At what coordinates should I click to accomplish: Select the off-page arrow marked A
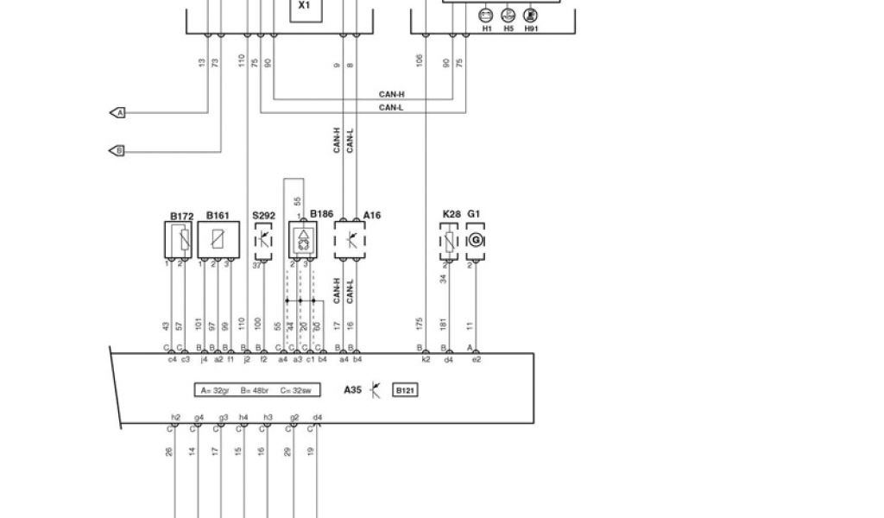pos(118,113)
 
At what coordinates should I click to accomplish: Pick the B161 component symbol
pos(217,239)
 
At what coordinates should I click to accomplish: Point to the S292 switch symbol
pos(262,239)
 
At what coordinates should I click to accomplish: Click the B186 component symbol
pos(302,239)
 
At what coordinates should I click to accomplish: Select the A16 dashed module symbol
pos(350,239)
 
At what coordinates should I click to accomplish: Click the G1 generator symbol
pos(475,241)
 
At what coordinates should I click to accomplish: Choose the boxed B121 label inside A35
pos(405,390)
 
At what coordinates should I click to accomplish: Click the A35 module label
pos(352,390)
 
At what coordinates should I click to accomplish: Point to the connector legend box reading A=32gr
pos(256,390)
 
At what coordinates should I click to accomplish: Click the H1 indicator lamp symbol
pos(486,15)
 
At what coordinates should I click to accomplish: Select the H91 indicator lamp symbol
pos(530,15)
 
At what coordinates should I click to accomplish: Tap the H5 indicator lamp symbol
pos(508,15)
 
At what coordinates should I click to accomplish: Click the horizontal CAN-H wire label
pos(391,94)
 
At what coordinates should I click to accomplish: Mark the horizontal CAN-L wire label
pos(391,108)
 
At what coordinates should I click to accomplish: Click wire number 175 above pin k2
pos(420,323)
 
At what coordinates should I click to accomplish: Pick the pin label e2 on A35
pos(476,359)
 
